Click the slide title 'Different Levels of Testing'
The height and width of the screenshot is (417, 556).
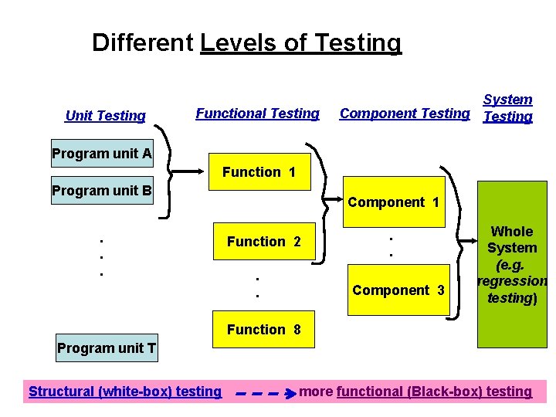(x=246, y=42)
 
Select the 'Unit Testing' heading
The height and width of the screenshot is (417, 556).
(x=105, y=116)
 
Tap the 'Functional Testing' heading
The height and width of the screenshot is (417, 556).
(x=257, y=114)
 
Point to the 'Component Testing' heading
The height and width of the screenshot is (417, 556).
(x=405, y=114)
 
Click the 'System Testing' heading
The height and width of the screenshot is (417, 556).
(x=507, y=108)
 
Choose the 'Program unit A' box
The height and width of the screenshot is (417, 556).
(x=102, y=153)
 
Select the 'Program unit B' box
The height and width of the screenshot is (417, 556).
(x=102, y=190)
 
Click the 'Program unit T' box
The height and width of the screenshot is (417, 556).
(x=107, y=348)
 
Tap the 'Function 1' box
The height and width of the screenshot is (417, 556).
(x=259, y=172)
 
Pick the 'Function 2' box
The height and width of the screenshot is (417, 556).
(x=263, y=242)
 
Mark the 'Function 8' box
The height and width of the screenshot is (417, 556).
(x=263, y=330)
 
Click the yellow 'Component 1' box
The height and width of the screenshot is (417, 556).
(x=394, y=202)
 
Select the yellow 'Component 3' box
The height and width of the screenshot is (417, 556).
(x=398, y=290)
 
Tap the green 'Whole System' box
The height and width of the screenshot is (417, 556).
(x=512, y=264)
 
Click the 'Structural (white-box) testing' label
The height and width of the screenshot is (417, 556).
(x=125, y=392)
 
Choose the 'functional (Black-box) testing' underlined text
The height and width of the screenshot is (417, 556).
(x=434, y=392)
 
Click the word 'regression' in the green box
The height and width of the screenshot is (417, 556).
(x=512, y=281)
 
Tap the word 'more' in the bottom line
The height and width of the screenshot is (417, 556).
(x=316, y=392)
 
